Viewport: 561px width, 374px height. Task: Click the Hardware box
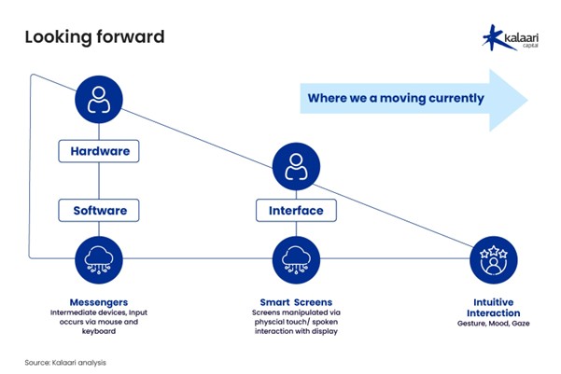click(x=99, y=151)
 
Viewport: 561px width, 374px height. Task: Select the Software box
click(x=99, y=211)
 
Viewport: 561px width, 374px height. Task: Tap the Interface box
click(x=296, y=211)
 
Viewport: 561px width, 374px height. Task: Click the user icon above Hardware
click(x=99, y=100)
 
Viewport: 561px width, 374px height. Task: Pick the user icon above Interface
click(x=296, y=167)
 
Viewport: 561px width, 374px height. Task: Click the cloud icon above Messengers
click(x=99, y=260)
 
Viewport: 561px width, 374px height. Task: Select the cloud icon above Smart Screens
click(x=296, y=260)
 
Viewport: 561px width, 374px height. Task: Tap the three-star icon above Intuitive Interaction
click(x=494, y=260)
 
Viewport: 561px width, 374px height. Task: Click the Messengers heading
click(x=99, y=302)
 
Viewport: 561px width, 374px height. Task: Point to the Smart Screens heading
click(x=296, y=302)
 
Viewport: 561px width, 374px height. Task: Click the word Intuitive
click(x=494, y=302)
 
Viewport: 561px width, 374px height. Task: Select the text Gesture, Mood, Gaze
click(x=494, y=324)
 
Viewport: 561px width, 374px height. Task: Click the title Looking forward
click(x=95, y=36)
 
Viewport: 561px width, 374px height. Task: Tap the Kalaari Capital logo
click(x=511, y=37)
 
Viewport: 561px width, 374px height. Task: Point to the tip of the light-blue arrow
click(x=527, y=100)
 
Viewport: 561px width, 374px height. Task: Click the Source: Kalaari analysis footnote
click(x=65, y=363)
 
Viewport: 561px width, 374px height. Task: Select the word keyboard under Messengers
click(x=99, y=331)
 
